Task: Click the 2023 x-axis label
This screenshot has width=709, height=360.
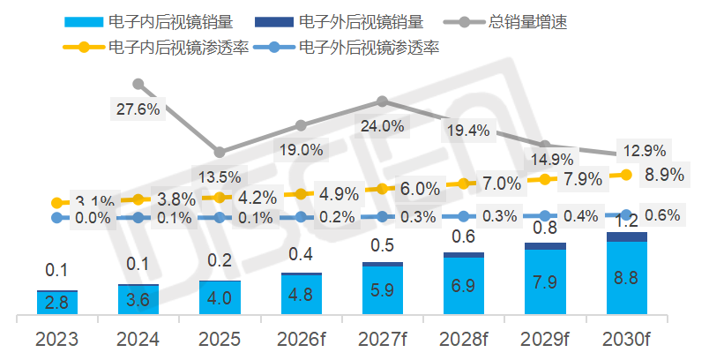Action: point(56,339)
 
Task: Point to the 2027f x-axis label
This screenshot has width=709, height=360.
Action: point(382,339)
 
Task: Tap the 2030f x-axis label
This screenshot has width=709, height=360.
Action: point(626,339)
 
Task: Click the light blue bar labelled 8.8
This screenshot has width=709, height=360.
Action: point(626,278)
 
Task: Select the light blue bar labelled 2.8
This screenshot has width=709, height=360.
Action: point(57,303)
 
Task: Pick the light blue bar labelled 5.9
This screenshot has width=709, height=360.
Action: point(382,290)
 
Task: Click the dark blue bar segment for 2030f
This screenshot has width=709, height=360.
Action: point(626,236)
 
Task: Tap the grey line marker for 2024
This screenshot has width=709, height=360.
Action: point(138,85)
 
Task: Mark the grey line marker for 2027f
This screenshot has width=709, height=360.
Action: point(382,101)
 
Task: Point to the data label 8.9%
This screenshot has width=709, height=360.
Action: point(664,175)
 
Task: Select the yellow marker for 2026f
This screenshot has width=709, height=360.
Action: point(301,194)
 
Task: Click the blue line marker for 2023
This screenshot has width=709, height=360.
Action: point(57,216)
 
